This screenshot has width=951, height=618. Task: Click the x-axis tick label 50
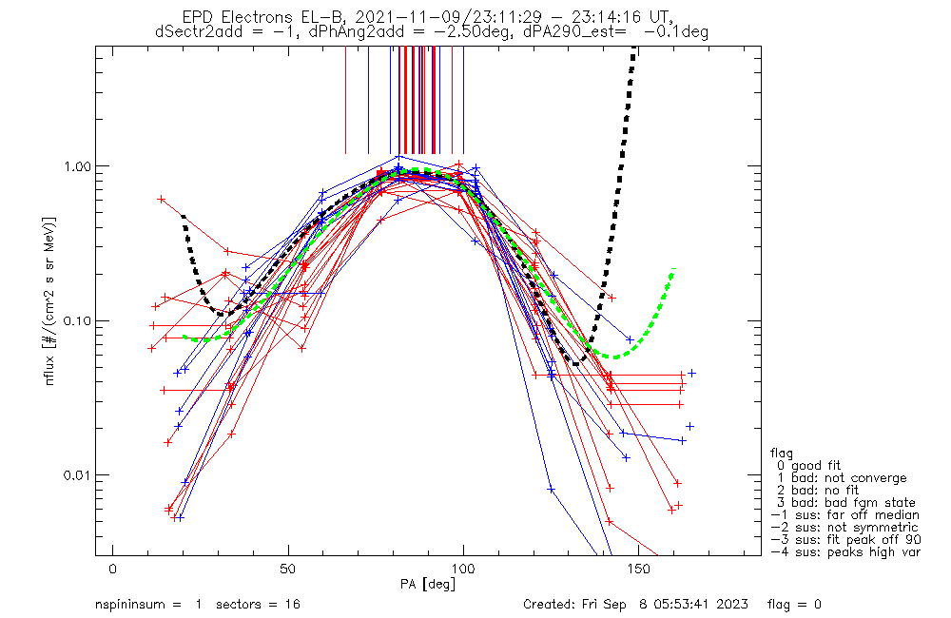click(x=287, y=569)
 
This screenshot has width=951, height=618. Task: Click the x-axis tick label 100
click(x=462, y=569)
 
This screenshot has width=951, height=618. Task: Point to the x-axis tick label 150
click(x=637, y=569)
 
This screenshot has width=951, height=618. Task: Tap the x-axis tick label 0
click(x=112, y=569)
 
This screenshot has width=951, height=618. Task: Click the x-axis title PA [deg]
click(x=427, y=583)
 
